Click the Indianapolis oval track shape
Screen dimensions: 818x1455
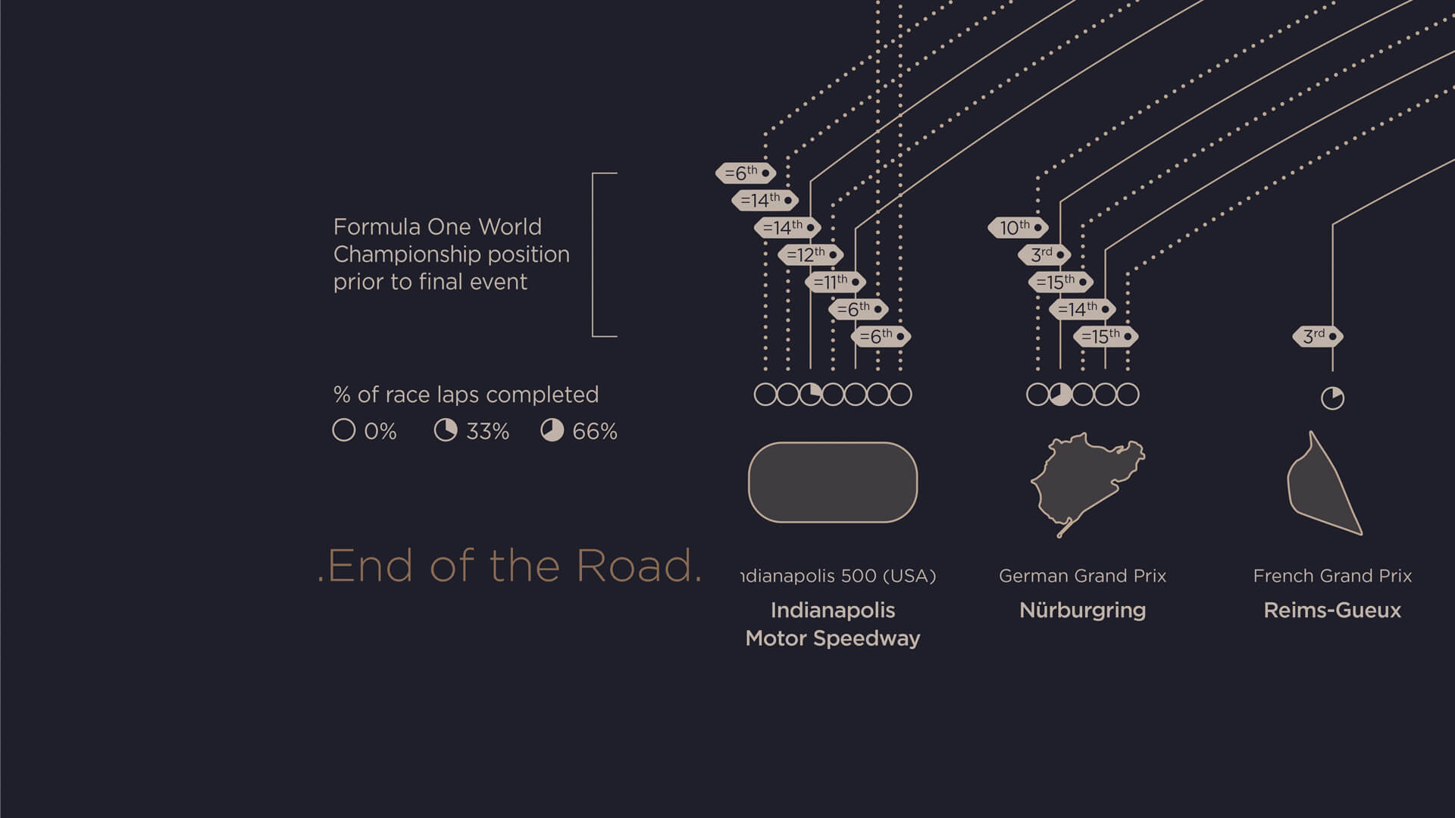pos(832,482)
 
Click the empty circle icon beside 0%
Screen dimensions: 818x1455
pos(343,430)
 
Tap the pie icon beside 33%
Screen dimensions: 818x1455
pos(446,430)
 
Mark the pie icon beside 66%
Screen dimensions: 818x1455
pos(552,430)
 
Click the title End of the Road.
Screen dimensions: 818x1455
pos(510,566)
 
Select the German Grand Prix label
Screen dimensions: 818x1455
pos(1082,576)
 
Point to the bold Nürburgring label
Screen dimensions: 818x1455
pos(1082,610)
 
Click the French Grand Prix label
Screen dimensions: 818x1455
pos(1332,576)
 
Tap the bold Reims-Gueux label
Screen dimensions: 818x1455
pos(1332,610)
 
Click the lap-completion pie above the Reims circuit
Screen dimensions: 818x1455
pos(1332,398)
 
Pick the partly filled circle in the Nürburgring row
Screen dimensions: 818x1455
pos(1060,395)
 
